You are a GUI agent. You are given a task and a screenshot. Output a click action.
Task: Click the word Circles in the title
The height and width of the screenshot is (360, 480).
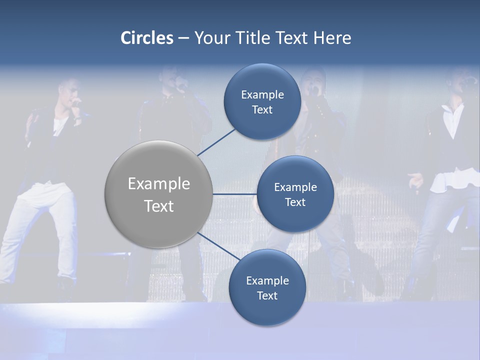coord(147,38)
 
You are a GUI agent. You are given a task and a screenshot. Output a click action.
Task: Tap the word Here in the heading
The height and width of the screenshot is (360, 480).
coord(332,38)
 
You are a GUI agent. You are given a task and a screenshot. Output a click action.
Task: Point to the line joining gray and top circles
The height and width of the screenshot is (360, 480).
coord(216,142)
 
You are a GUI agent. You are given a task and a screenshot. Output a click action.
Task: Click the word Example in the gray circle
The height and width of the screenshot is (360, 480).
coord(159,184)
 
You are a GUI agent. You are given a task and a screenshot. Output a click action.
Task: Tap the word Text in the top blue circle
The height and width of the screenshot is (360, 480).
coord(262,110)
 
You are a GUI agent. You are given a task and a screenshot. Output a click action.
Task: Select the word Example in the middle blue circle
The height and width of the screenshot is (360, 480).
coord(295,187)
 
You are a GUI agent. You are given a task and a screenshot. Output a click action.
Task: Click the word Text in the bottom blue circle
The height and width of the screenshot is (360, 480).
coord(267,296)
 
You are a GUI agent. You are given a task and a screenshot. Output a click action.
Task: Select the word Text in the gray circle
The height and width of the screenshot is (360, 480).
coord(159,206)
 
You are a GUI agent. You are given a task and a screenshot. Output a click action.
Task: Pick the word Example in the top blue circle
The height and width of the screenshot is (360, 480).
coord(262,95)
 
